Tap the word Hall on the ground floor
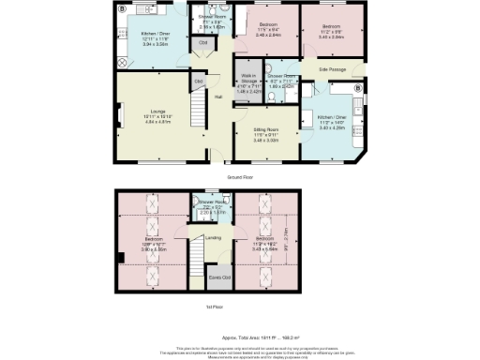click(218, 96)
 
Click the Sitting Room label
click(267, 129)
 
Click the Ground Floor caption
click(240, 176)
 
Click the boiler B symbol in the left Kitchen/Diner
click(122, 8)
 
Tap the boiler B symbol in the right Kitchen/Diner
click(357, 89)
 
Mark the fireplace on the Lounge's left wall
click(119, 117)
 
